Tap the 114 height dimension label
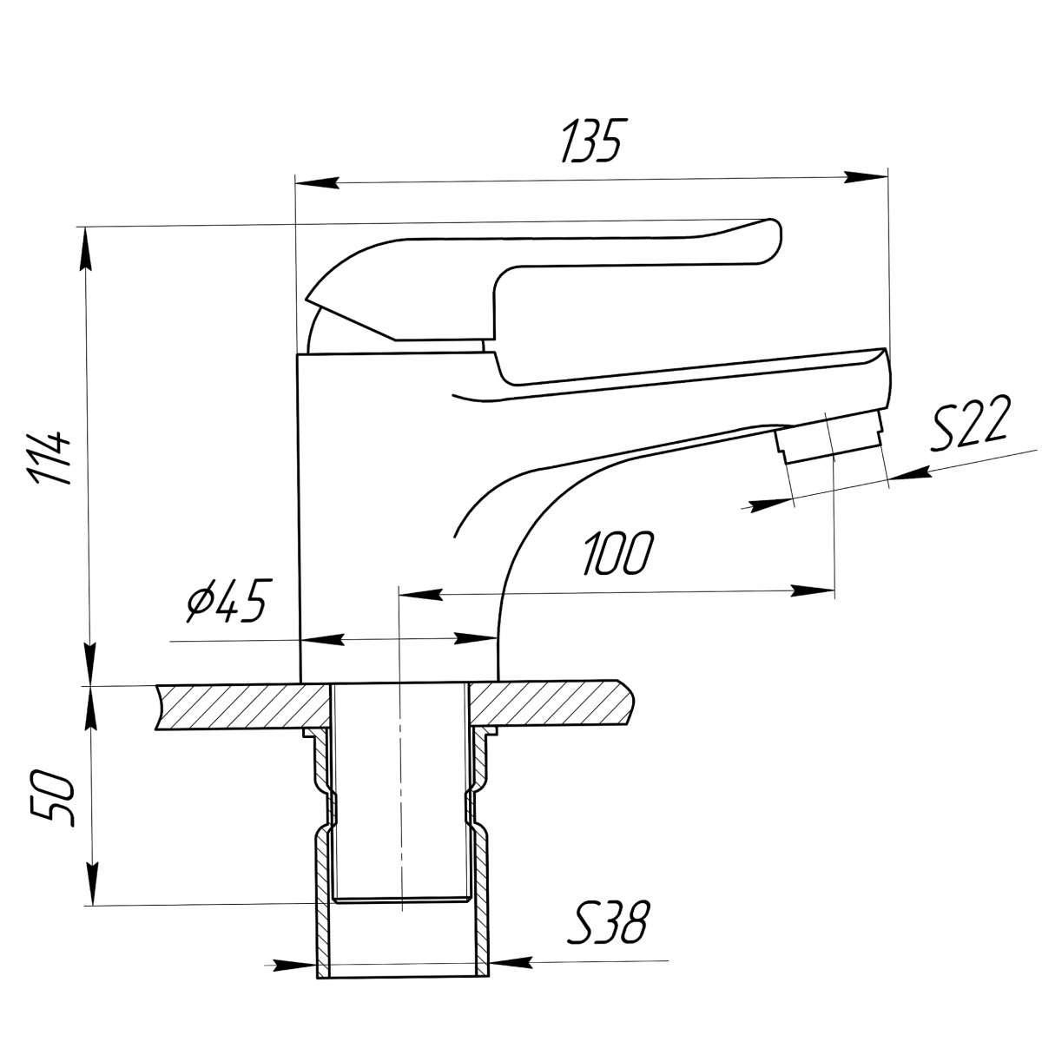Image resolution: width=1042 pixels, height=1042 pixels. (52, 458)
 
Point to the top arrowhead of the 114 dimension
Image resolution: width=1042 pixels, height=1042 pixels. (87, 248)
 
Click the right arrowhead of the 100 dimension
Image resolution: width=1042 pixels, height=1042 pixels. (812, 590)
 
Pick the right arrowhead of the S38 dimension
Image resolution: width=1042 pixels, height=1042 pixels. (511, 962)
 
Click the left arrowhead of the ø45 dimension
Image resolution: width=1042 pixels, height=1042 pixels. (322, 640)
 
